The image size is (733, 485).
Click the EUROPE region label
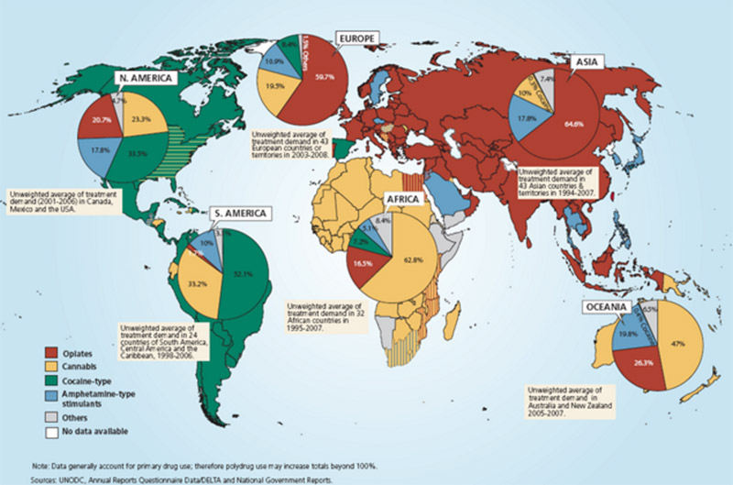[x=356, y=39]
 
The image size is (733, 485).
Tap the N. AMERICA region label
[x=146, y=78]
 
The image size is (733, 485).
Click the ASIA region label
[x=584, y=61]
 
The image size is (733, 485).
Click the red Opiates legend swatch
[x=54, y=350]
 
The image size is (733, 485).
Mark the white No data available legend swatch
[x=54, y=430]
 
